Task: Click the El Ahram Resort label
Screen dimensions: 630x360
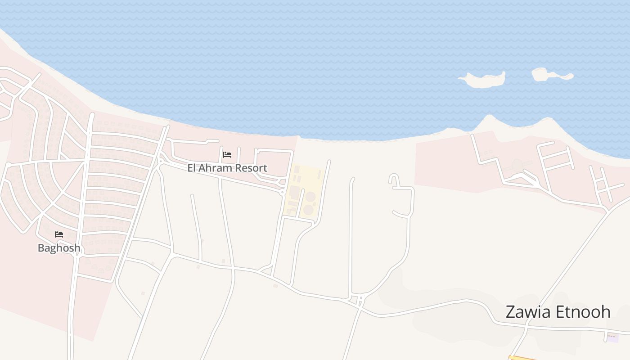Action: click(227, 168)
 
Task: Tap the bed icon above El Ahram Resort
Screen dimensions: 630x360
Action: click(227, 155)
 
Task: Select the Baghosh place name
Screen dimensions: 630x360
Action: click(59, 248)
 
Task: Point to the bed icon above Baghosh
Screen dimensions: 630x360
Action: click(59, 234)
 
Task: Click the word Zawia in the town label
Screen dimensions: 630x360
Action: click(528, 312)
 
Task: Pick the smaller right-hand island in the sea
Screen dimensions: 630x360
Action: click(550, 74)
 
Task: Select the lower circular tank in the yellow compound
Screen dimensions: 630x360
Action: click(308, 209)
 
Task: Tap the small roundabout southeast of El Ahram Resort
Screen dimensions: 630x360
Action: click(283, 192)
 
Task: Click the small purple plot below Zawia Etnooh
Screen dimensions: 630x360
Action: click(612, 337)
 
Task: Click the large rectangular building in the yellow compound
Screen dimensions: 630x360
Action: click(295, 191)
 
